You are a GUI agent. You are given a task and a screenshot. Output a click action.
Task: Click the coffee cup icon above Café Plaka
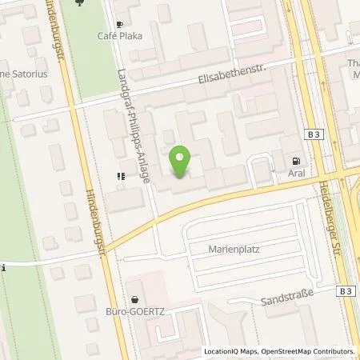click(120, 25)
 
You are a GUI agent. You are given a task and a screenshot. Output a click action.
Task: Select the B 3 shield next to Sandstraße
click(345, 292)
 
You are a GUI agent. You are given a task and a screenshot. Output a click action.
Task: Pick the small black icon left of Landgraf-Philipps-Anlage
click(120, 176)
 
